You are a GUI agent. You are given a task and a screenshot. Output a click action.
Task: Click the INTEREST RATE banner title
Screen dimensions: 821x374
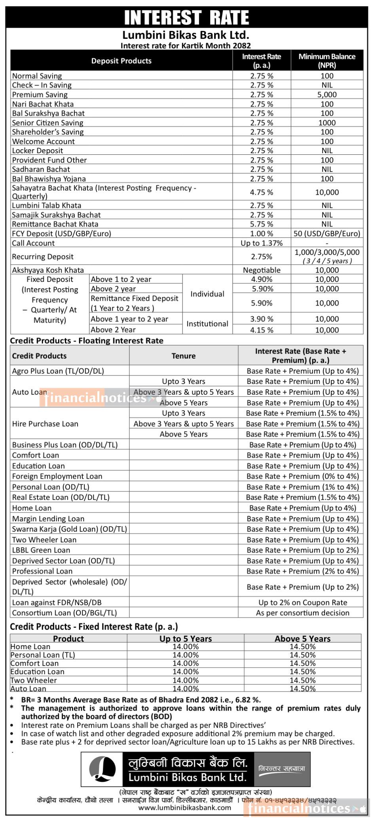click(186, 18)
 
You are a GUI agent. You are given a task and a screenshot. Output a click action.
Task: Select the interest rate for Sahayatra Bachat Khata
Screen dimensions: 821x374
click(262, 192)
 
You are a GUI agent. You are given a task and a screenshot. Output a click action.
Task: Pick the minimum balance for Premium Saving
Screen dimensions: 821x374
click(327, 95)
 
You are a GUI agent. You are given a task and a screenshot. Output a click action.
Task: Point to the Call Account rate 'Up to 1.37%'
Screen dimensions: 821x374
click(262, 243)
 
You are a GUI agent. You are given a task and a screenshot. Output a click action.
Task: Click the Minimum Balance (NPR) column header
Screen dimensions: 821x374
click(327, 61)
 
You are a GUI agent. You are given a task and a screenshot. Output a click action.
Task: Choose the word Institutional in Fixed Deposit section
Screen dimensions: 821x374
click(207, 324)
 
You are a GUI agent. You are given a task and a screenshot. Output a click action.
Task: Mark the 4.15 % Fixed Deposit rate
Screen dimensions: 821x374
click(262, 330)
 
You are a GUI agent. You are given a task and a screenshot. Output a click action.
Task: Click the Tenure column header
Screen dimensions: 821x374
click(184, 356)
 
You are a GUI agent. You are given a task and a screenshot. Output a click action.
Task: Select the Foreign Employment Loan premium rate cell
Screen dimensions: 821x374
click(303, 476)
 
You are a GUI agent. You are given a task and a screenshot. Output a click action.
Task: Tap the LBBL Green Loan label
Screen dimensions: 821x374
click(41, 550)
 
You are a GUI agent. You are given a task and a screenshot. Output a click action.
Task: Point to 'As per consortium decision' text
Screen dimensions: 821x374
click(303, 613)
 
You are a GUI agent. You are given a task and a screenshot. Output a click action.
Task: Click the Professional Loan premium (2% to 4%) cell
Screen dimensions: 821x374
click(303, 571)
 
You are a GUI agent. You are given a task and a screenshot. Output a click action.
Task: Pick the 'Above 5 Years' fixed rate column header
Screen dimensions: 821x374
click(303, 639)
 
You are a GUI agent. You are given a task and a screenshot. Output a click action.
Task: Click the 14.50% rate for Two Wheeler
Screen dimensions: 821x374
click(303, 680)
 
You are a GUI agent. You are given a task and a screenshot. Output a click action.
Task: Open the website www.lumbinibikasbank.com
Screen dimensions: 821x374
click(185, 808)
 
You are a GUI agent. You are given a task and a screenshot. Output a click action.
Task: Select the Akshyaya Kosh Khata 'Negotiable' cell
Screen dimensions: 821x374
click(262, 270)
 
